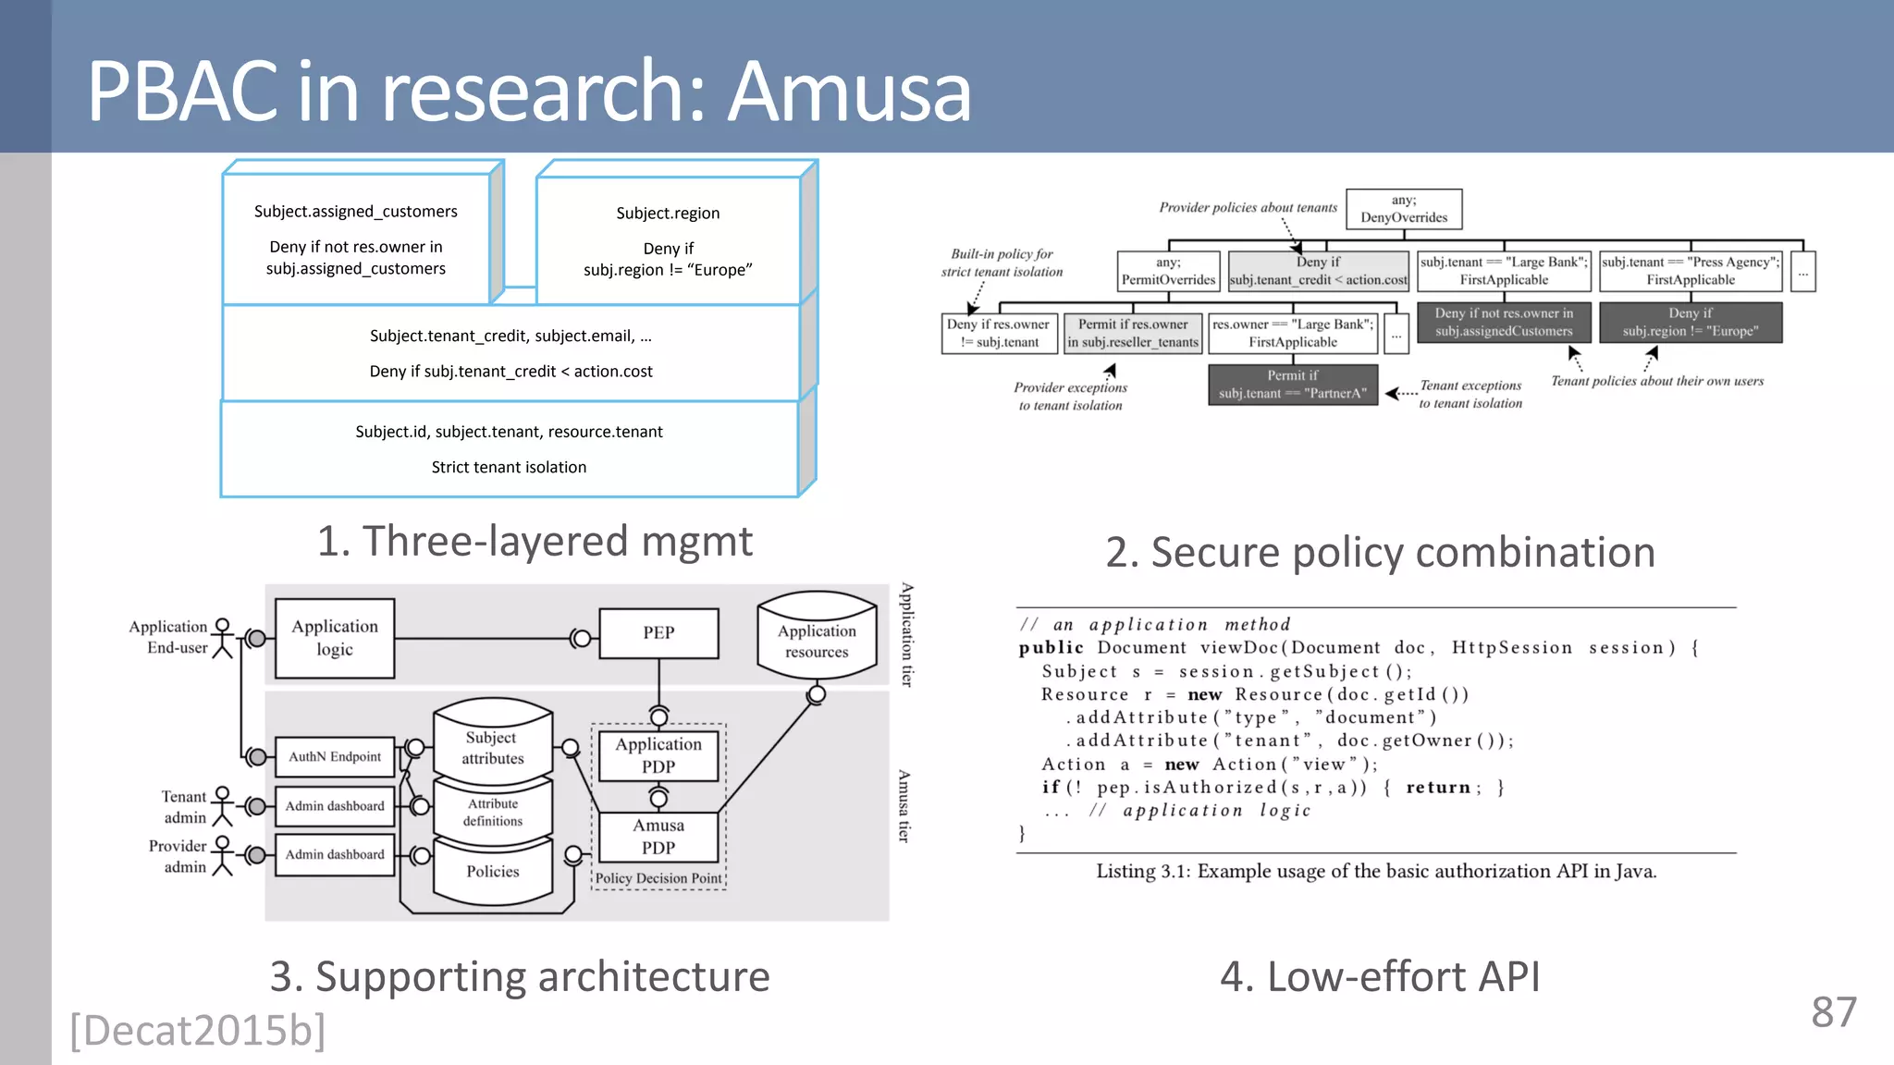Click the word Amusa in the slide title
[849, 92]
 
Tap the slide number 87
[1833, 1012]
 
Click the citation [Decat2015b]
[198, 1030]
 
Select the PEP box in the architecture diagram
[658, 633]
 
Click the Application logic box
[335, 638]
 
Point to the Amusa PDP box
[658, 836]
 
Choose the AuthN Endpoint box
[335, 756]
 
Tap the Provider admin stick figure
[222, 855]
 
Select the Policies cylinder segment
[493, 872]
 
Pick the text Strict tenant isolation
[509, 468]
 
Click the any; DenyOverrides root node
[1404, 209]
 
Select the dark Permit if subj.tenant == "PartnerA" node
[1292, 385]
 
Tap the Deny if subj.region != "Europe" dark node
[1690, 323]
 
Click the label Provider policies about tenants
[1248, 207]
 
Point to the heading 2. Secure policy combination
[1380, 553]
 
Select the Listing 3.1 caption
[1376, 872]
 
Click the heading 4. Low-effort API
[1380, 977]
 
